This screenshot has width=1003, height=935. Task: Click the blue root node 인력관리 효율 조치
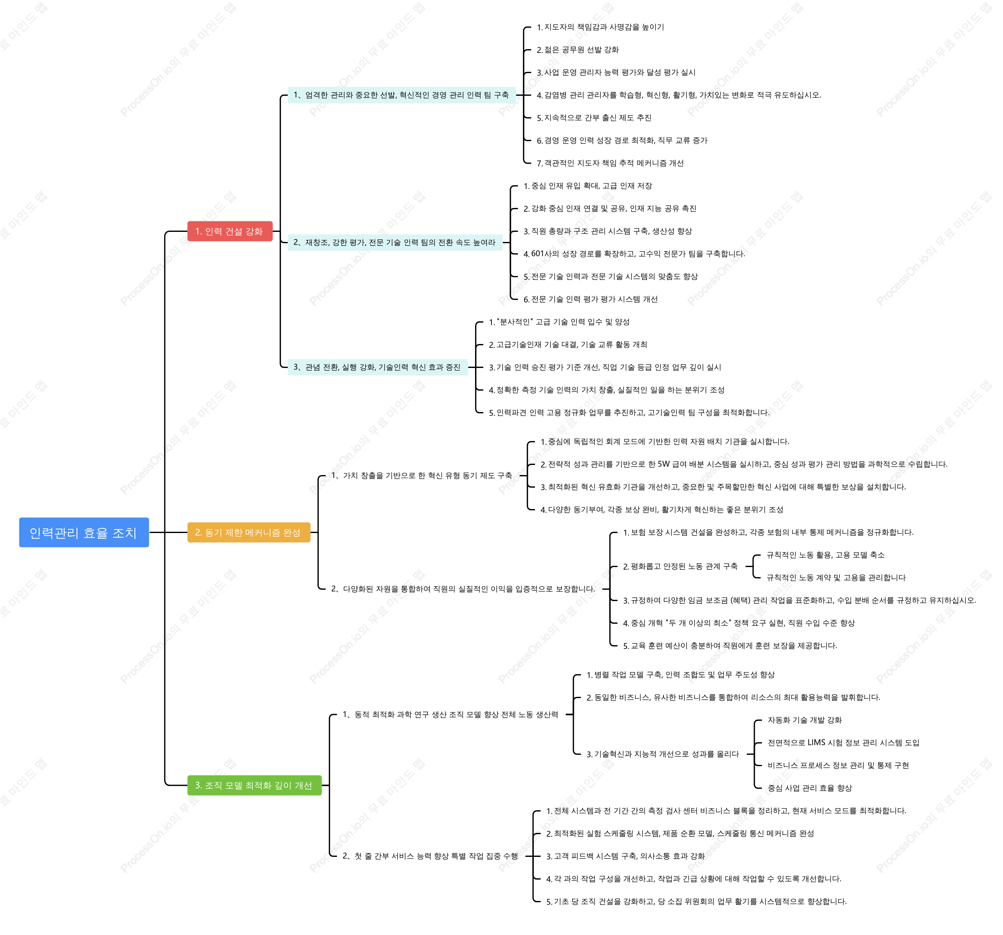coord(84,532)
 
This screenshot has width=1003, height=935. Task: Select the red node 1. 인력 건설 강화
coord(230,231)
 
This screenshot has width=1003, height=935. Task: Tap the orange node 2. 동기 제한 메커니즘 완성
coord(248,532)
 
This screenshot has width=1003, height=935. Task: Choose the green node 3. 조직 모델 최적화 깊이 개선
coord(254,785)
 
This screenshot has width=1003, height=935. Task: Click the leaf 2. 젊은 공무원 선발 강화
coord(578,50)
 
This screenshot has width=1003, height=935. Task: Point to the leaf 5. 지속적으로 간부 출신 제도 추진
coord(594,118)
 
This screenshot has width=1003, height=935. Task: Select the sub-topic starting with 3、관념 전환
coord(378,367)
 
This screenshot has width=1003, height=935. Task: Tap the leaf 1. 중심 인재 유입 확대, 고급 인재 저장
coord(588,186)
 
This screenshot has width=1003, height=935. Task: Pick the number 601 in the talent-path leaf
coord(537,254)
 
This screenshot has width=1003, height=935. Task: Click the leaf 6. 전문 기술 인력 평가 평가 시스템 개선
coord(590,299)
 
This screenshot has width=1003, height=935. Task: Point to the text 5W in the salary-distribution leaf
coord(664,464)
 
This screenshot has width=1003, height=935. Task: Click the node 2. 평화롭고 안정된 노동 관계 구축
coord(680,566)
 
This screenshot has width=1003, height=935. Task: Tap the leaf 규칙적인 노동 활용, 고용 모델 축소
coord(825,554)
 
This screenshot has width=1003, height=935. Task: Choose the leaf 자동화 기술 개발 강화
coord(805,720)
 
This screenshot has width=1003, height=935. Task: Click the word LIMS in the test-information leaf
coord(817,742)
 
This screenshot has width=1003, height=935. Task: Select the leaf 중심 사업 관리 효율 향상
coord(810,788)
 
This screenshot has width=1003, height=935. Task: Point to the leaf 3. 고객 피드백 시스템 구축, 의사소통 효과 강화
coord(625,856)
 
